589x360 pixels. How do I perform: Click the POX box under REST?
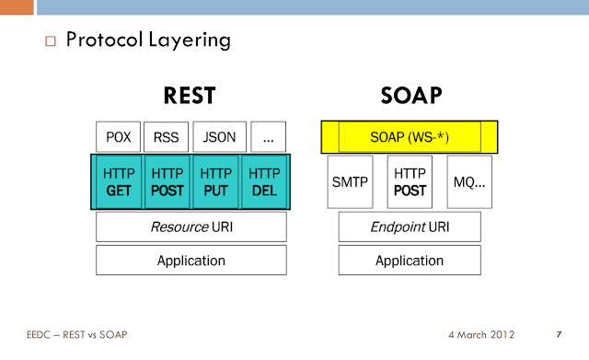119,137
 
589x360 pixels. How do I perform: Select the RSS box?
167,137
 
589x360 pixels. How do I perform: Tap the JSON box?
218,137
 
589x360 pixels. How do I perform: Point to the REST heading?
191,96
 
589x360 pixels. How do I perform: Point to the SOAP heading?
410,96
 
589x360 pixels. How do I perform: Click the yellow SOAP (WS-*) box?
410,137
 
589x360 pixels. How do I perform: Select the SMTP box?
349,181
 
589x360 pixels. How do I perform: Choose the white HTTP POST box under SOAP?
410,181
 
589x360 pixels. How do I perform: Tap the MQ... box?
469,181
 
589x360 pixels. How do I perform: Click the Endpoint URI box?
410,226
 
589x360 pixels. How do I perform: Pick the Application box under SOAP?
410,260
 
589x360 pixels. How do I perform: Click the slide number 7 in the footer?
560,333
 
